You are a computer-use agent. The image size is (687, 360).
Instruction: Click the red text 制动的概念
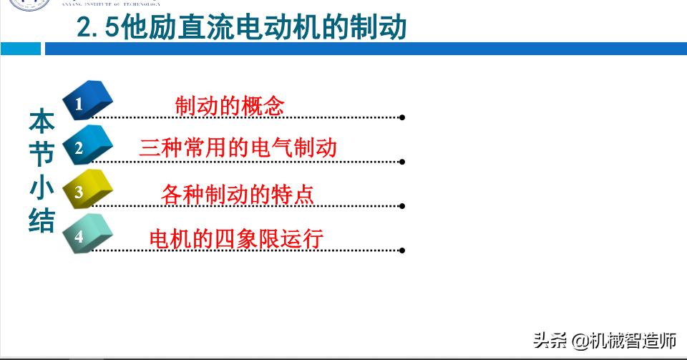click(x=230, y=106)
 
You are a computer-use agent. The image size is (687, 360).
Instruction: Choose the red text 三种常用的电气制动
click(x=238, y=147)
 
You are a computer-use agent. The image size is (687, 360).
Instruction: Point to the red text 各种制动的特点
click(x=238, y=194)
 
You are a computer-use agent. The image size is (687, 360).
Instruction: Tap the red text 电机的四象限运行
click(x=236, y=238)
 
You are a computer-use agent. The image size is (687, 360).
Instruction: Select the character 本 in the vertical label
click(x=42, y=122)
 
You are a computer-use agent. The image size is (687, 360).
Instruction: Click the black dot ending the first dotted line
click(x=402, y=117)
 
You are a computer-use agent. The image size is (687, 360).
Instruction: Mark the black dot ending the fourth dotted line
click(x=402, y=250)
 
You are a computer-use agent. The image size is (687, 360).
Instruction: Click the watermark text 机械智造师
click(x=633, y=341)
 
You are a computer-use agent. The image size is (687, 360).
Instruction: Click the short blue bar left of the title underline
click(x=21, y=49)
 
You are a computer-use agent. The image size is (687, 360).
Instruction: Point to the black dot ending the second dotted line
click(x=402, y=162)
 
